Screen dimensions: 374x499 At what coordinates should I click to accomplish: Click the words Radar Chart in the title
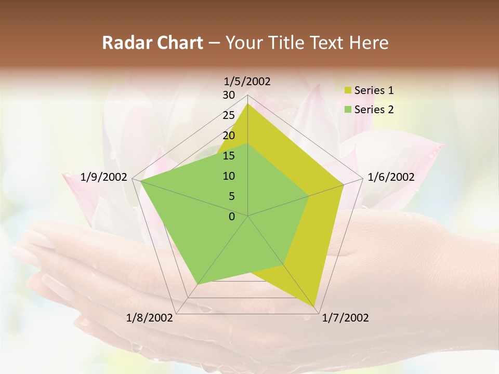click(152, 43)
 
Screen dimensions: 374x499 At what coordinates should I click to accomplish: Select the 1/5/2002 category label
click(247, 81)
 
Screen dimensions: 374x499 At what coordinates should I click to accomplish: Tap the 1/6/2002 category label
click(391, 177)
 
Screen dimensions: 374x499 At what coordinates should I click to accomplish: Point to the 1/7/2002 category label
click(345, 318)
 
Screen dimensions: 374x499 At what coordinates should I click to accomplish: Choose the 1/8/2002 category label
click(150, 318)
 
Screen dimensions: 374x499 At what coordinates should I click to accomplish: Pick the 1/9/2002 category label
click(104, 177)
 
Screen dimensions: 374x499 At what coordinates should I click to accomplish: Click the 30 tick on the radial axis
click(229, 95)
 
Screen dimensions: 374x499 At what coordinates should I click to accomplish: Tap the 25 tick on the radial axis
click(229, 115)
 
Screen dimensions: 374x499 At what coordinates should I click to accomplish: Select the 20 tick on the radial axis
click(229, 136)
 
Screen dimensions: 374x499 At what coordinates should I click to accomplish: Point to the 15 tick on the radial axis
click(229, 156)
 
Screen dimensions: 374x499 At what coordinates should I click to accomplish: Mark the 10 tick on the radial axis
click(229, 176)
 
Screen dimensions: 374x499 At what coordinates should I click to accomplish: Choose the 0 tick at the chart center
click(232, 217)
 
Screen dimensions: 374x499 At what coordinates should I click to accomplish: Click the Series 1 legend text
click(374, 90)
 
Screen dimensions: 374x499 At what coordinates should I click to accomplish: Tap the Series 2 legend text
click(374, 110)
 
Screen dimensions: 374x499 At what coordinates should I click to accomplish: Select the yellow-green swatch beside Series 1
click(348, 90)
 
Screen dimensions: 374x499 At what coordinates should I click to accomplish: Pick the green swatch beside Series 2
click(348, 110)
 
